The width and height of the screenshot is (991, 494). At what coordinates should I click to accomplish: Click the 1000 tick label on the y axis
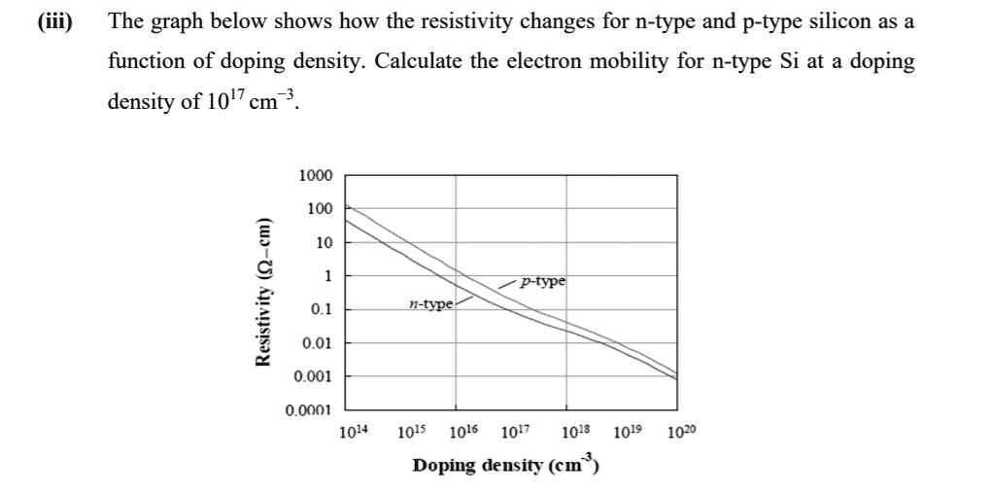click(x=316, y=176)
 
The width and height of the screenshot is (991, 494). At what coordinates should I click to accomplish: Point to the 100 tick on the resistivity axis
click(x=320, y=209)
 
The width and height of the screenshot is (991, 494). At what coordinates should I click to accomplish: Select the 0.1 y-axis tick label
click(x=320, y=309)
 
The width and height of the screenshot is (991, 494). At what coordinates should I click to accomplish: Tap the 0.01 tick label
click(x=317, y=343)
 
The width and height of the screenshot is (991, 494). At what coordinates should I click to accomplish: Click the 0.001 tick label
click(x=313, y=376)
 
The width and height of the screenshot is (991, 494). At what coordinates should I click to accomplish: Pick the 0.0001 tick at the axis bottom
click(x=309, y=410)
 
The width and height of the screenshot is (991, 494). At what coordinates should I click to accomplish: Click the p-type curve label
click(x=542, y=282)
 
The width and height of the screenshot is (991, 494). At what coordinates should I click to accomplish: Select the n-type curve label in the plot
click(x=429, y=304)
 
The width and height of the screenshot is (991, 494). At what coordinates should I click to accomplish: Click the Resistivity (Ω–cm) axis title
click(x=261, y=292)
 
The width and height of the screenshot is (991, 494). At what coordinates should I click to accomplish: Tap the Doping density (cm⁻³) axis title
click(x=504, y=465)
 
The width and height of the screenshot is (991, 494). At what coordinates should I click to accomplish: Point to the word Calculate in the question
click(x=423, y=61)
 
